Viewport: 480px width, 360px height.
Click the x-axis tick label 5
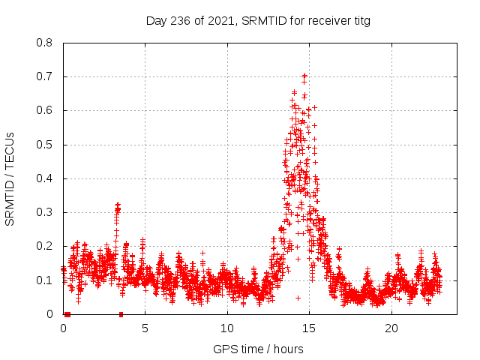[145, 328]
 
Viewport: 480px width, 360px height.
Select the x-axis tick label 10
[227, 328]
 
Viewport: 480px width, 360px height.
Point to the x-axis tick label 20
[391, 328]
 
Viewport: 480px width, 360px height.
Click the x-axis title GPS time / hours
[258, 349]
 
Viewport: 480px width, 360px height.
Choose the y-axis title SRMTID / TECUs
[10, 178]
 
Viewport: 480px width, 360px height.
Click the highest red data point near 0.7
[304, 76]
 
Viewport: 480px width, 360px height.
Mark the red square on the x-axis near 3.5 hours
[121, 314]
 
